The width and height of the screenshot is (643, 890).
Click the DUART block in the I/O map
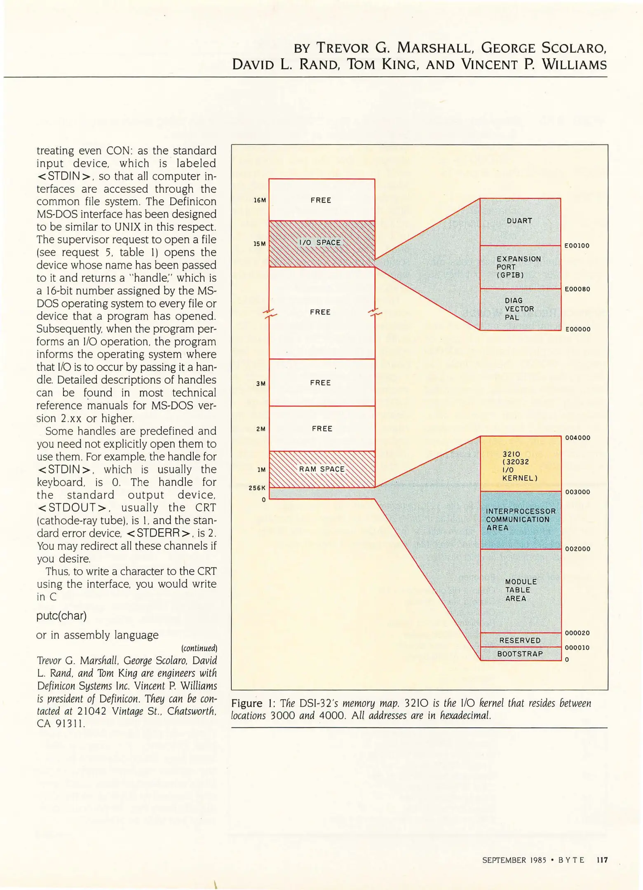520,221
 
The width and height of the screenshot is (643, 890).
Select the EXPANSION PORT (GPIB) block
520,267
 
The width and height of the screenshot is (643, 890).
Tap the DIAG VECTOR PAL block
520,309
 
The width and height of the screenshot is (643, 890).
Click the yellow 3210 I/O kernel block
520,464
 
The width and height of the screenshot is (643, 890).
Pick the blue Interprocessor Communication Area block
521,520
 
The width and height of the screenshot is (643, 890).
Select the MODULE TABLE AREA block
521,590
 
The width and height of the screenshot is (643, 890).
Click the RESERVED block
520,640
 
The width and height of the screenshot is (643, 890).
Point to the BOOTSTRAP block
520,654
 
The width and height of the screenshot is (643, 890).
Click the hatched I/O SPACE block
321,243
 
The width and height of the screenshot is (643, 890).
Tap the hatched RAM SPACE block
321,469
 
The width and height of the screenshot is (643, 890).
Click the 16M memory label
260,200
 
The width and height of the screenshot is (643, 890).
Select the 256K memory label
257,488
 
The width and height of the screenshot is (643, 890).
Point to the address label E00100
577,246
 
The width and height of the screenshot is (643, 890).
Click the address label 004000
577,438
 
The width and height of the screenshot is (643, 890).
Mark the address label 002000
577,549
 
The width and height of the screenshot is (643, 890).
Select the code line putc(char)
61,616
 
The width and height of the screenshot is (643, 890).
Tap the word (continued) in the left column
199,648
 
